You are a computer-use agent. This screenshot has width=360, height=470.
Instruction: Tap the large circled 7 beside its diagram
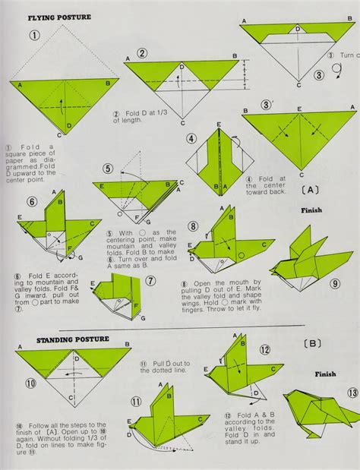tap(150, 281)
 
